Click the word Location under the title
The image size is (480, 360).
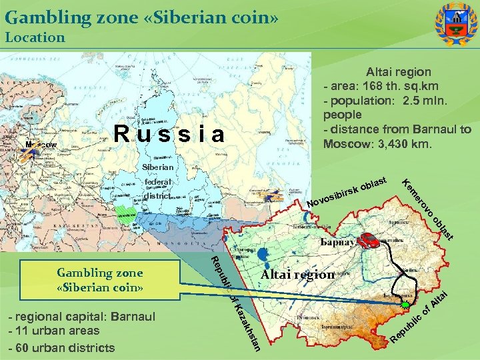click(35, 37)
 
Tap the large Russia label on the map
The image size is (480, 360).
click(169, 134)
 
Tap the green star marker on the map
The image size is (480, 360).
click(407, 305)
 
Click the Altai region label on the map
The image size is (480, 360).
click(297, 275)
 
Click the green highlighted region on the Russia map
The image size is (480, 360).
click(126, 214)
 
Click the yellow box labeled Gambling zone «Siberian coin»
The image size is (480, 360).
click(100, 280)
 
